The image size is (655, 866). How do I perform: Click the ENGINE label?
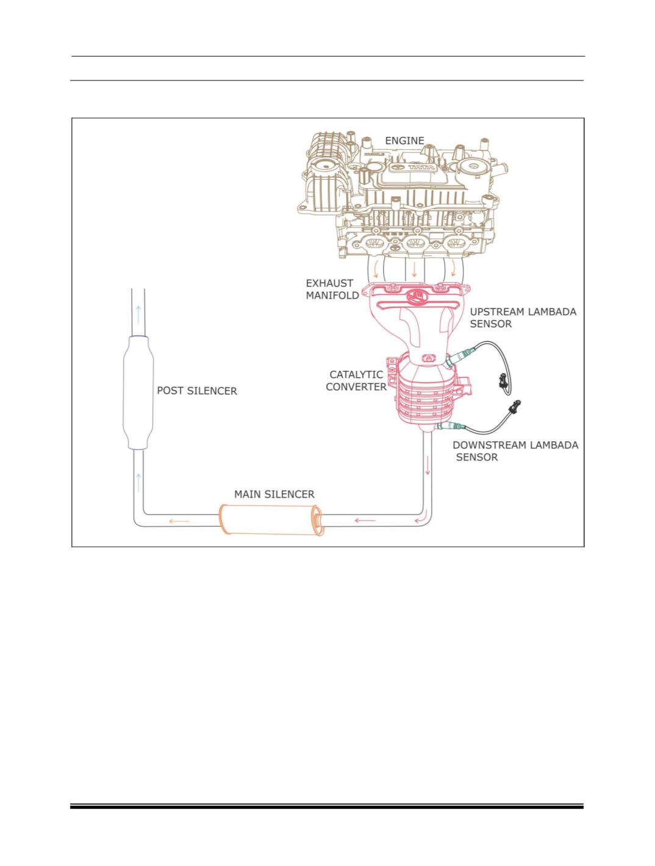click(x=404, y=140)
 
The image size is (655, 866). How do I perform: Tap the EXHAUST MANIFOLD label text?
click(x=329, y=289)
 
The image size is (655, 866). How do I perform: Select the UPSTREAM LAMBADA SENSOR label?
click(x=523, y=318)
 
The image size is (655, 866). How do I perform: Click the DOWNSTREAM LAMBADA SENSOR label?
click(x=515, y=450)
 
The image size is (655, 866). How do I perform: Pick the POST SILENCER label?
click(x=197, y=391)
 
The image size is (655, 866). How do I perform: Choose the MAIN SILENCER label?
click(x=274, y=494)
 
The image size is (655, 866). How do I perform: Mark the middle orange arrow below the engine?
click(x=414, y=269)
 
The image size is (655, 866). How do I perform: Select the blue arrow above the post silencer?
click(x=138, y=314)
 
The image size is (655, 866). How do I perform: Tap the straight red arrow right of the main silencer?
click(x=365, y=520)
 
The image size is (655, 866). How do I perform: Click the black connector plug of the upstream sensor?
click(x=503, y=381)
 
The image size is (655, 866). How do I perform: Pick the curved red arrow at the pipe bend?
click(x=420, y=519)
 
